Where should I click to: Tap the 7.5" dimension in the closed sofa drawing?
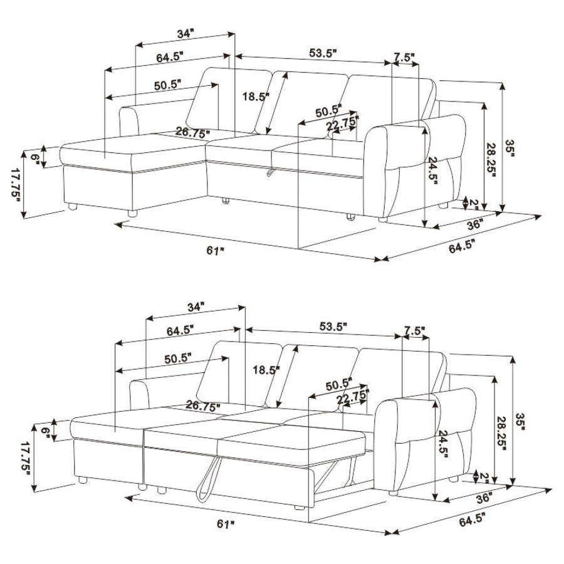(x=404, y=57)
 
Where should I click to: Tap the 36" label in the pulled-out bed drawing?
(x=483, y=498)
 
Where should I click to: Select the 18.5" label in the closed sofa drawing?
(x=256, y=97)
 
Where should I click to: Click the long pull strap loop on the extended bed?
(x=206, y=479)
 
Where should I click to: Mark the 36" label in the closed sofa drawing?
(x=474, y=224)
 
